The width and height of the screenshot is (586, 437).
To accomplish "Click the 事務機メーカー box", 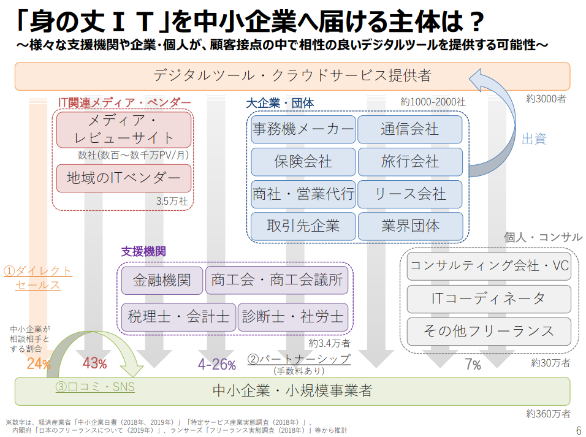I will click(x=303, y=129).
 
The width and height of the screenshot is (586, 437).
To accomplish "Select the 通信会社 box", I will click(x=410, y=129).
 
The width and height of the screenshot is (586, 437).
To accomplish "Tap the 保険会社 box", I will click(x=303, y=162).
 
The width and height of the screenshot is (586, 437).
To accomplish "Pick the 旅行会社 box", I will click(x=410, y=162).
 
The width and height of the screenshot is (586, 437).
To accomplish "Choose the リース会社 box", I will click(x=410, y=194).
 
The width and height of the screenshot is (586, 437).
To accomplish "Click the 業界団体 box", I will click(x=410, y=226).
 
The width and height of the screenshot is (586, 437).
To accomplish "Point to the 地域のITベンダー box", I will click(x=124, y=178).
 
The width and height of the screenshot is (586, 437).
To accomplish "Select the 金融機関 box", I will click(x=162, y=280).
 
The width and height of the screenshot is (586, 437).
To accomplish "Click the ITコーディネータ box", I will click(x=489, y=298).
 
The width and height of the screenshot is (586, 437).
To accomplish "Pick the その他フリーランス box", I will click(x=489, y=331).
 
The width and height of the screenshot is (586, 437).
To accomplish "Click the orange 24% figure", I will click(x=38, y=363).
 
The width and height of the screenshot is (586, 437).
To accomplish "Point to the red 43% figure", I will click(x=94, y=363).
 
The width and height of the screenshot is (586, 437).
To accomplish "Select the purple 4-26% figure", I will click(x=216, y=365).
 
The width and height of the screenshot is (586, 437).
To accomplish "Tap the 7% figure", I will click(x=472, y=365).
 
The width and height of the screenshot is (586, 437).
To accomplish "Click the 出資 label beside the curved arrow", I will click(x=533, y=139).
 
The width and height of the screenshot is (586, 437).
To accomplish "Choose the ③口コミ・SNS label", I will click(x=95, y=387).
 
